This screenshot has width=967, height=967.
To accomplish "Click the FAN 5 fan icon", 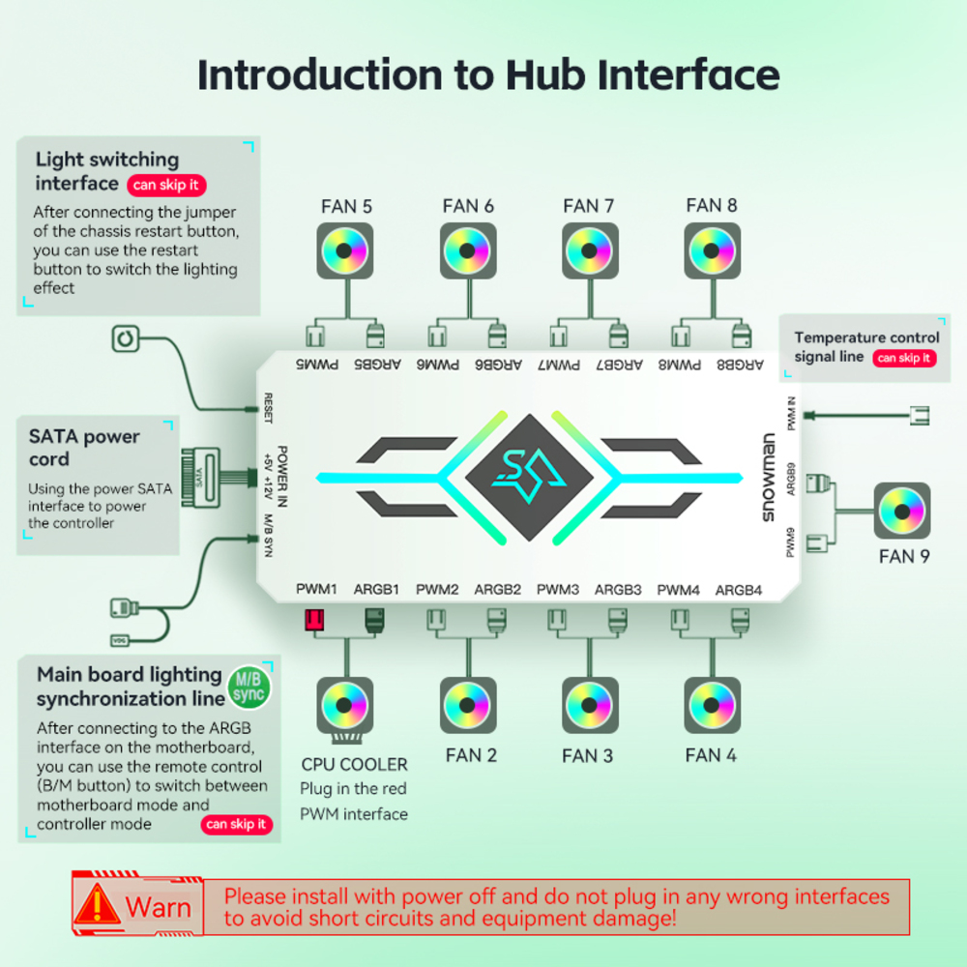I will [344, 251].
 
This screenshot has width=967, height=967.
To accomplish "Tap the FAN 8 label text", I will [711, 205].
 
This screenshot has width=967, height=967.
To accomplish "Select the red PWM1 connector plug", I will [313, 620].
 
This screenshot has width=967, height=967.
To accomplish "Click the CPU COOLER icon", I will [344, 706].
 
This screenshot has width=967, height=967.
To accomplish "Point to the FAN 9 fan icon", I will [901, 511].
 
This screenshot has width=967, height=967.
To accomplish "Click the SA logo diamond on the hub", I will [529, 475].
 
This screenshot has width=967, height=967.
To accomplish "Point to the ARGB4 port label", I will [739, 590].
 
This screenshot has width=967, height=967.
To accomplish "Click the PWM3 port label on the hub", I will [558, 590].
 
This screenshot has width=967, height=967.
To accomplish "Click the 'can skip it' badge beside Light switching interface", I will [166, 185].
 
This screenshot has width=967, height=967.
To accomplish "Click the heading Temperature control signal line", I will [866, 346].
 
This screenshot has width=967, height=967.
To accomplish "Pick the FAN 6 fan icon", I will [467, 251].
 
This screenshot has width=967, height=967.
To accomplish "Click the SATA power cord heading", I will [83, 447].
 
